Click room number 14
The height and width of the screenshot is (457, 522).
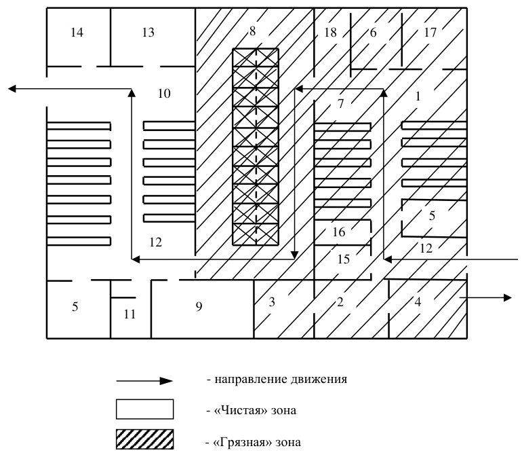pyautogui.click(x=77, y=33)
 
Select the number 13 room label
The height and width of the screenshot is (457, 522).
pyautogui.click(x=148, y=33)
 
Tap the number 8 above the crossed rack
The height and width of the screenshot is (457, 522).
pyautogui.click(x=252, y=31)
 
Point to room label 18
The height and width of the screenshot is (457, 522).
pyautogui.click(x=330, y=33)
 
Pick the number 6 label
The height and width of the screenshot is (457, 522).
pyautogui.click(x=373, y=33)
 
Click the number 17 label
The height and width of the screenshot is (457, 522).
pyautogui.click(x=430, y=33)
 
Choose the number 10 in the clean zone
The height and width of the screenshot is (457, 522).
pyautogui.click(x=164, y=94)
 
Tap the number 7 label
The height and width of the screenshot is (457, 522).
pyautogui.click(x=340, y=104)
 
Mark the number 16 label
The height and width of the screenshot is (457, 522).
pyautogui.click(x=338, y=232)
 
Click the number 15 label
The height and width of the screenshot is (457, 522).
pyautogui.click(x=344, y=259)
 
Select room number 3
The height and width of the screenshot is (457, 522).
pyautogui.click(x=272, y=302)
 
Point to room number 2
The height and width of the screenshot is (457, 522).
pyautogui.click(x=340, y=302)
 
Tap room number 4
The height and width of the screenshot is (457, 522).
pyautogui.click(x=418, y=302)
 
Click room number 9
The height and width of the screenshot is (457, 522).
pyautogui.click(x=199, y=306)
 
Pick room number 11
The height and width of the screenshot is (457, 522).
pyautogui.click(x=129, y=314)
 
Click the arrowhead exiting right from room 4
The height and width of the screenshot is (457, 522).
pyautogui.click(x=508, y=297)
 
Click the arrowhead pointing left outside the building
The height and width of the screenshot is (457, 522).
pyautogui.click(x=12, y=89)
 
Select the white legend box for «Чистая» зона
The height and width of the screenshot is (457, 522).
pyautogui.click(x=145, y=409)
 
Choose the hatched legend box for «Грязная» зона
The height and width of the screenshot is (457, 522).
pyautogui.click(x=145, y=439)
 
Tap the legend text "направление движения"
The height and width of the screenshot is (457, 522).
pyautogui.click(x=281, y=380)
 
